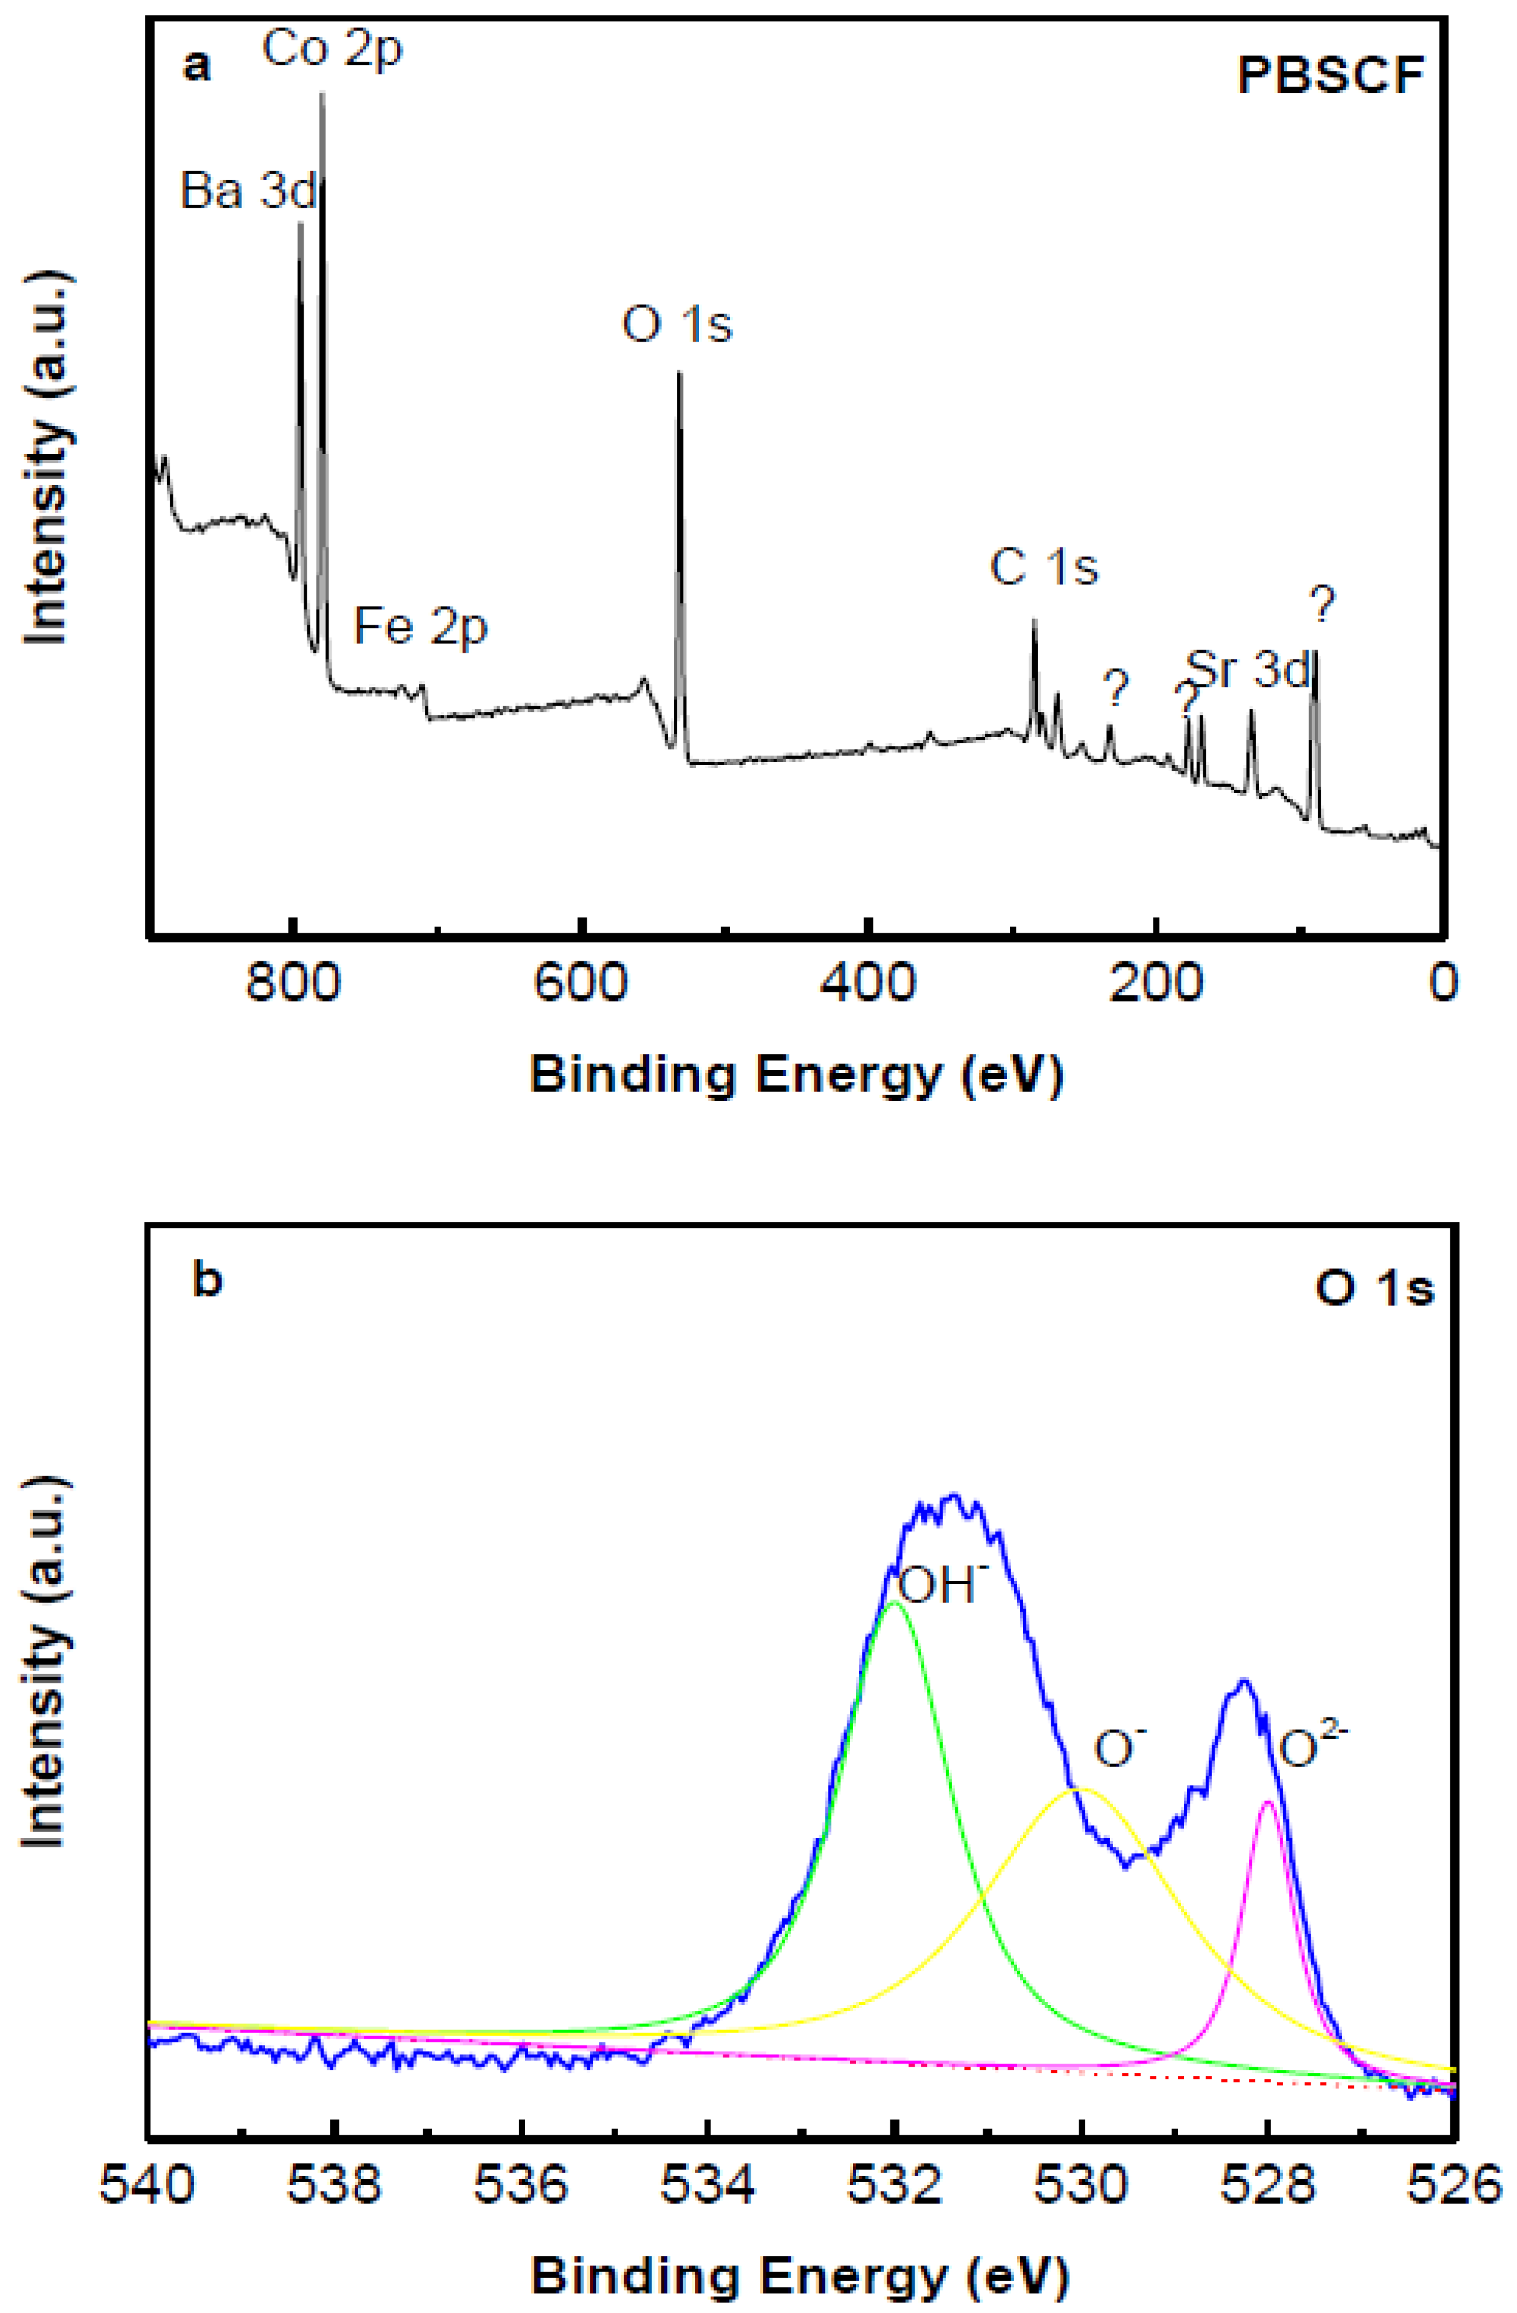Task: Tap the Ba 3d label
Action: pyautogui.click(x=249, y=191)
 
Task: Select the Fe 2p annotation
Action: pyautogui.click(x=420, y=627)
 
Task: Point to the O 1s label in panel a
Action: pyautogui.click(x=677, y=325)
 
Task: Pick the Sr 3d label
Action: pyautogui.click(x=1250, y=671)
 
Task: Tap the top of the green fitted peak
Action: pyautogui.click(x=895, y=1602)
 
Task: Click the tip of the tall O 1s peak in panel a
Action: pyautogui.click(x=679, y=372)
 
